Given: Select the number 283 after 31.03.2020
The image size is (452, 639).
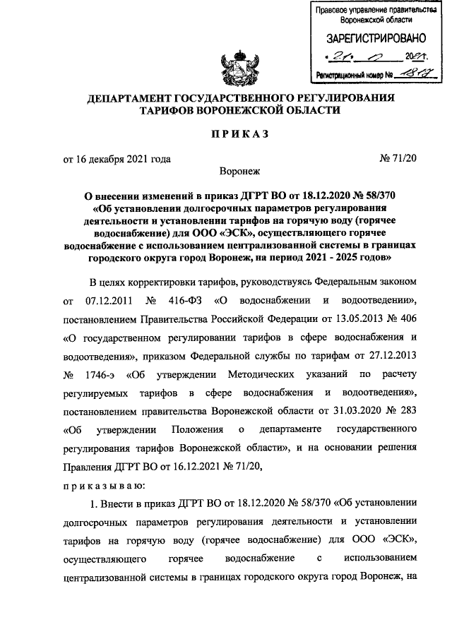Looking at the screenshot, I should tap(409, 411).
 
